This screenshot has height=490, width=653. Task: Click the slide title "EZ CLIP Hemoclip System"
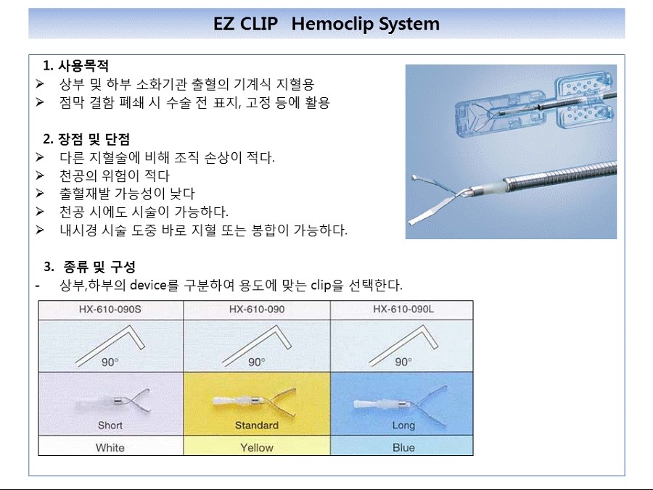point(326,24)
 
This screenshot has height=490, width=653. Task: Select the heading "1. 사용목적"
point(76,66)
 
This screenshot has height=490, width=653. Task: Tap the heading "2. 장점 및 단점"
point(86,138)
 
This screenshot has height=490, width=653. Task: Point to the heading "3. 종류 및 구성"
point(89,267)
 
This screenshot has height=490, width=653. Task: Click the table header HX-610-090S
point(110,309)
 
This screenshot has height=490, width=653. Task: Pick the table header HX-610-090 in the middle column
point(256,309)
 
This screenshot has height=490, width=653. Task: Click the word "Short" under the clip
point(110,425)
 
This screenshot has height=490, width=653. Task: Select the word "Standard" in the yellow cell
point(256,425)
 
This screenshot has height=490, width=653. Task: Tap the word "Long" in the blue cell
point(403,425)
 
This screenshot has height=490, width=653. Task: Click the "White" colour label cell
point(110,447)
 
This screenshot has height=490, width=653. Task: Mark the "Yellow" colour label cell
point(256,447)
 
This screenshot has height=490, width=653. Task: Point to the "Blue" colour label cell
point(403,447)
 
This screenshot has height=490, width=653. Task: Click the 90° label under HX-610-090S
point(110,362)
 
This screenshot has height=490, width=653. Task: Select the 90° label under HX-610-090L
point(403,362)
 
